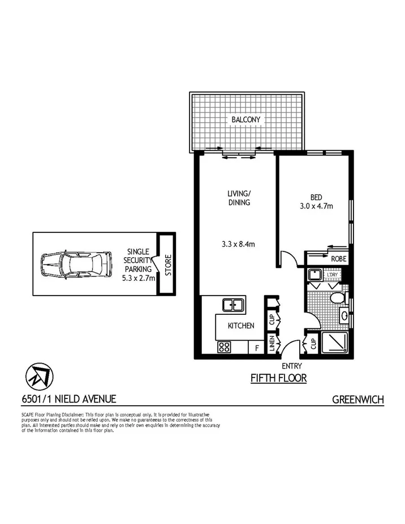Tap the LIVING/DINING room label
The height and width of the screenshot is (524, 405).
point(239,198)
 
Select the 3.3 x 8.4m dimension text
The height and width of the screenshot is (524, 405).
point(239,244)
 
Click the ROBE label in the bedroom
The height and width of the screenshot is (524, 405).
point(339,259)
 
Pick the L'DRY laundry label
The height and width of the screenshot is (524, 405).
point(331,275)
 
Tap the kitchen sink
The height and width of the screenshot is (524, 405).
point(232,305)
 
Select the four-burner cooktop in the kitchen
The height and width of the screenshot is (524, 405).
point(223,348)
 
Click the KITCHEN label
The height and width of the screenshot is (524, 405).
point(240,326)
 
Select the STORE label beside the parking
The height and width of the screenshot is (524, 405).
point(168,265)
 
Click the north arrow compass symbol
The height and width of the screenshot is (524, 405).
point(39,375)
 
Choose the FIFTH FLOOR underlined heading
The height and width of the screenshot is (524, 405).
point(278,378)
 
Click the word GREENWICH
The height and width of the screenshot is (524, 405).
point(357,400)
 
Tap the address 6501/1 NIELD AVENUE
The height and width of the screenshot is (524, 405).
point(68,399)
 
